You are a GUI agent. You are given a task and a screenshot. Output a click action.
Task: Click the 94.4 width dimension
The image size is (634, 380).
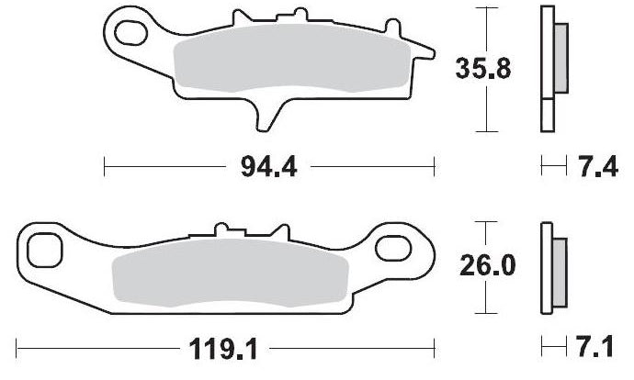point(269,167)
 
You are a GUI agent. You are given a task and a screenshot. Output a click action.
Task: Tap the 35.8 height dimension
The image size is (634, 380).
point(483,68)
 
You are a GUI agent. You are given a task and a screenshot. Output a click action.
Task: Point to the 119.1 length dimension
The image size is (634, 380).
point(223,349)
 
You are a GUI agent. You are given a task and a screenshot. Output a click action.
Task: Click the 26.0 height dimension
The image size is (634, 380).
point(488,265)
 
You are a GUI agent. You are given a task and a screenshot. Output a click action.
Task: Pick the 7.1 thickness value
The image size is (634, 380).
point(594,346)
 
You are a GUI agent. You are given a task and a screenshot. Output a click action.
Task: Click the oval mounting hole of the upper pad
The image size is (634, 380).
point(130,33)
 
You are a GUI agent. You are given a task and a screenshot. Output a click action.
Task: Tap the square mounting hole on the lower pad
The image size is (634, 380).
point(44,250)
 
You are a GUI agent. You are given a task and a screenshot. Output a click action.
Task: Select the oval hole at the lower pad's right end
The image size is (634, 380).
point(393,249)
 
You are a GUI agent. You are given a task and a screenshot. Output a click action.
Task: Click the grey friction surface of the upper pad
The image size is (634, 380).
point(292,58)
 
